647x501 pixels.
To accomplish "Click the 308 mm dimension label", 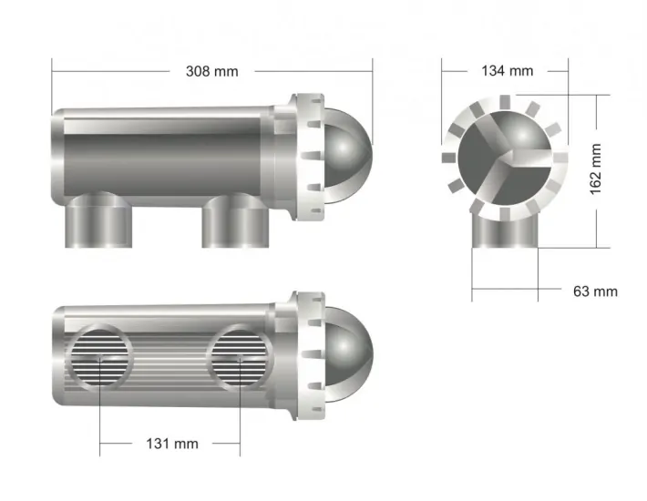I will tap(211, 71).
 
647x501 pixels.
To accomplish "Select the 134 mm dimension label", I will tap(507, 71).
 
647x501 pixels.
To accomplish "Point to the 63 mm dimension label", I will tap(594, 291).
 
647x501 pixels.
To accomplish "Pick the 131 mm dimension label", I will tap(172, 444).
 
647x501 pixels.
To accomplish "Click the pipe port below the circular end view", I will tap(506, 231).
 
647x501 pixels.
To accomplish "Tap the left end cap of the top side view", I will tap(58, 155).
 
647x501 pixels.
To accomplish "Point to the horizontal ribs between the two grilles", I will tap(169, 356).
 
